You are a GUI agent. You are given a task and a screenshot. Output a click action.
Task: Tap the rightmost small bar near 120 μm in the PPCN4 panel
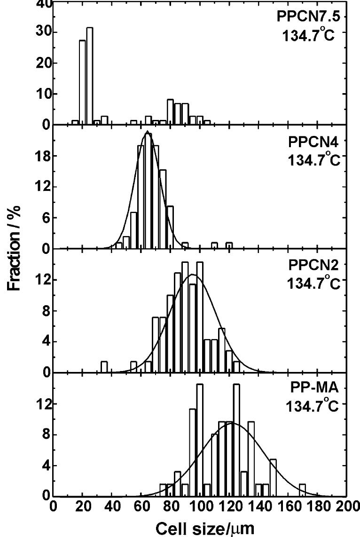(229, 245)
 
